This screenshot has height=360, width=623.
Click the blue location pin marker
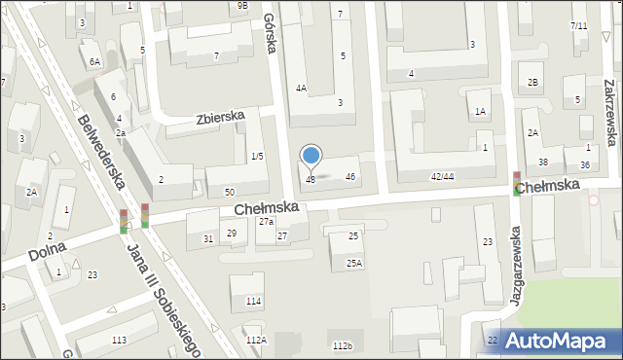coord(311,157)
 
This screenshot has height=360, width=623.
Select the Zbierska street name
coord(219,118)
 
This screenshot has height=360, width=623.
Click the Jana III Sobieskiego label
coord(164,292)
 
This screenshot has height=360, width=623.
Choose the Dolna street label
coord(46,252)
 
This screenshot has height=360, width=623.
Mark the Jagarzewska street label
coord(514,273)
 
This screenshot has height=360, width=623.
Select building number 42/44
coord(442,176)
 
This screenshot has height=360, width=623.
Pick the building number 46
coord(350,176)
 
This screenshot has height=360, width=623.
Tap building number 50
coord(229,193)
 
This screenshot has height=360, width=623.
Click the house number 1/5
coord(256,157)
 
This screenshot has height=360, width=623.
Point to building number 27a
coord(266,222)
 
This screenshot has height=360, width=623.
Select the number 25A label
coord(353,263)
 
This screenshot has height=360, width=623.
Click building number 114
coord(253,302)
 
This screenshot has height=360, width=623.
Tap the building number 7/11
coord(578,25)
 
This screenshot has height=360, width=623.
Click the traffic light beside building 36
coord(516,183)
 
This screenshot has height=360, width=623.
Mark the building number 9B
coord(242,6)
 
